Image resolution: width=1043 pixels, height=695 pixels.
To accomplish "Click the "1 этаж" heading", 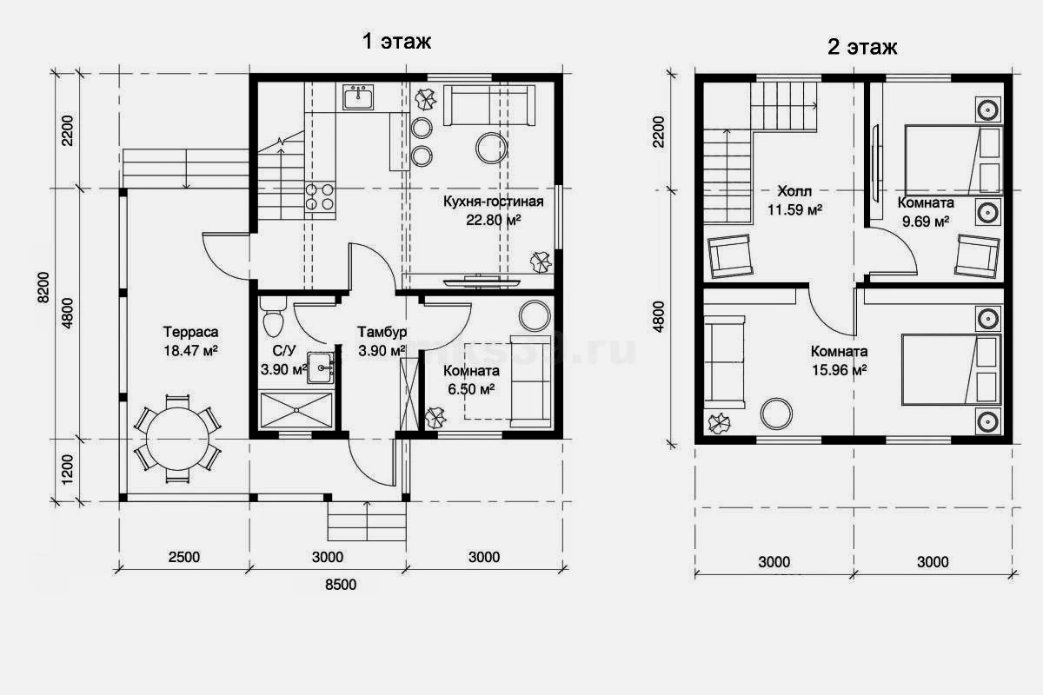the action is click(x=396, y=41).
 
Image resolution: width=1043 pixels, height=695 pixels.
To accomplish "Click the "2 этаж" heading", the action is click(x=862, y=47).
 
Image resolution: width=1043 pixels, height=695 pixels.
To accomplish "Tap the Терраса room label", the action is click(x=190, y=332).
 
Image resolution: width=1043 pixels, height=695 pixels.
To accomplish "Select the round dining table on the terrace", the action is click(x=177, y=439).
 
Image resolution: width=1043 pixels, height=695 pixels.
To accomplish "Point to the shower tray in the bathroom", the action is click(x=296, y=410).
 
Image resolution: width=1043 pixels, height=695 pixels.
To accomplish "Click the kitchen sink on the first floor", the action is click(x=358, y=96).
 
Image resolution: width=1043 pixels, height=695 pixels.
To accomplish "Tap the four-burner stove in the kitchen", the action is click(x=320, y=196).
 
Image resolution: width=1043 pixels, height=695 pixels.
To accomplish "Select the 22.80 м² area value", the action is click(x=493, y=220).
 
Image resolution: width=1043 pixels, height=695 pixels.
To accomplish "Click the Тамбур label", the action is click(x=382, y=332).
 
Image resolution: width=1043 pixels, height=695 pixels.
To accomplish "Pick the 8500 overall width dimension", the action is click(x=341, y=584).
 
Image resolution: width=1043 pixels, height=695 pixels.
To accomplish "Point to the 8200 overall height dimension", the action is click(x=43, y=288).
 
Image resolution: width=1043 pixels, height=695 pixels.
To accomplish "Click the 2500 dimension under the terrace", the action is click(x=184, y=557).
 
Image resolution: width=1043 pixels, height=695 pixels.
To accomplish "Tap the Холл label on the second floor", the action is click(x=794, y=191).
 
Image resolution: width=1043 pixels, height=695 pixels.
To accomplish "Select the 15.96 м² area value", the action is click(x=839, y=370).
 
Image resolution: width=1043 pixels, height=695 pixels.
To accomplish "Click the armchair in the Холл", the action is click(x=729, y=256).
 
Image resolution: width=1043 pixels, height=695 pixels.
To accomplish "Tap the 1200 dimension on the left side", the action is click(x=67, y=469).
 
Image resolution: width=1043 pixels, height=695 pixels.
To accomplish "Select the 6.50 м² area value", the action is click(x=471, y=389).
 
